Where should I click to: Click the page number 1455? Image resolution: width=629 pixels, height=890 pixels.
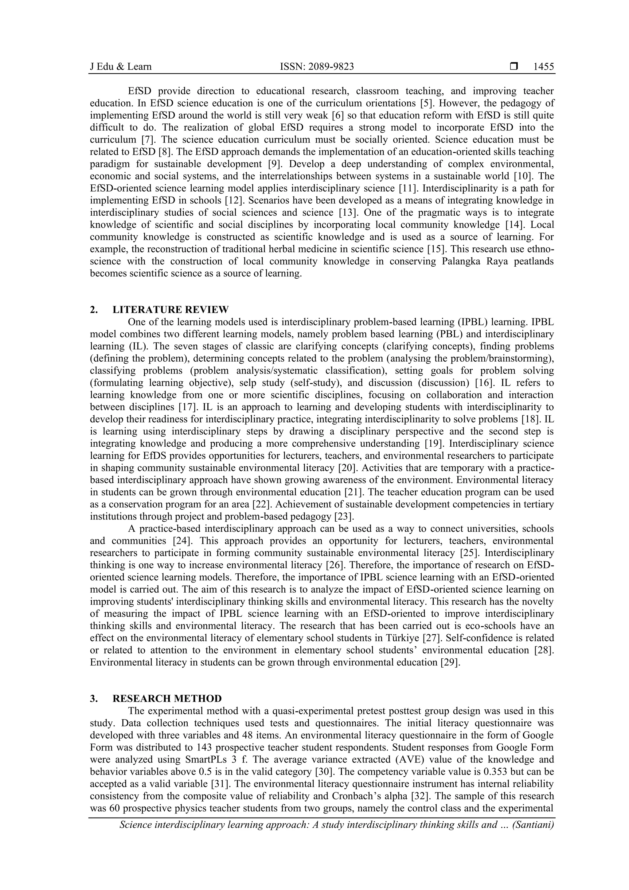[543, 67]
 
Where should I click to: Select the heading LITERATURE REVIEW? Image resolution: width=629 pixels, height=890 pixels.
[170, 310]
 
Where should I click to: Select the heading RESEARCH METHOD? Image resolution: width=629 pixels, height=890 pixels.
[167, 699]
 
